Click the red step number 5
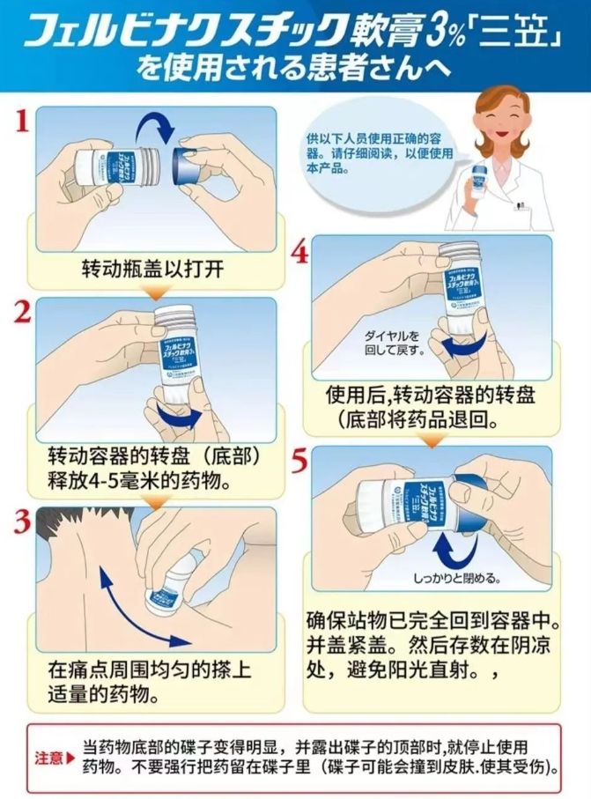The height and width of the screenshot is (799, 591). click(x=299, y=461)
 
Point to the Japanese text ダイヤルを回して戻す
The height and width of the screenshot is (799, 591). click(x=396, y=343)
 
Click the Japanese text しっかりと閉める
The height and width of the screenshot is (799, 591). click(x=457, y=579)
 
